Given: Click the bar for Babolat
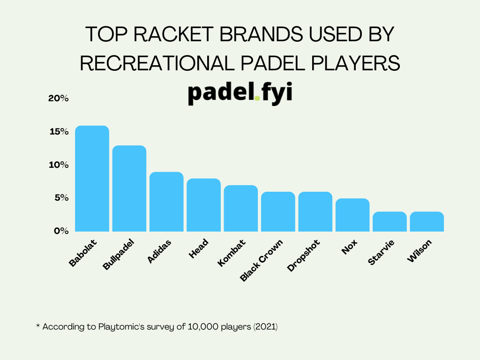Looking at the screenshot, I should (92, 179).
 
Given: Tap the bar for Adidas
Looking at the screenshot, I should (166, 202).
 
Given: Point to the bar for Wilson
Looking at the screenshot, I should (427, 221).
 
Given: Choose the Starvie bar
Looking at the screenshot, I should (390, 221).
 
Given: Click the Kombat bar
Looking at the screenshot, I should (241, 208).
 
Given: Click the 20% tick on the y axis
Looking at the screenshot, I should (59, 98).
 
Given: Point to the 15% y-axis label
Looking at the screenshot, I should (59, 132).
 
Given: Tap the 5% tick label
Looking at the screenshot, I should (61, 198).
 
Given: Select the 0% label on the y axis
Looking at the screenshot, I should (61, 231).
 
